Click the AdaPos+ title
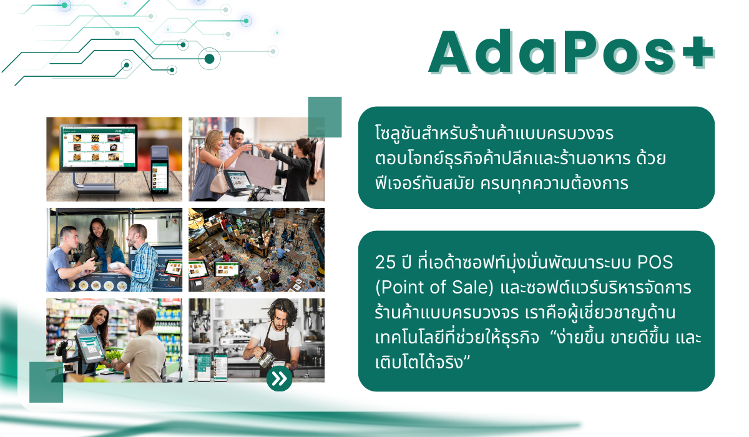[571, 52]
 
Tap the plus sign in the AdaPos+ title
[698, 52]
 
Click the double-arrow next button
[279, 378]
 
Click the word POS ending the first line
[655, 262]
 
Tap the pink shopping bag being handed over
[257, 169]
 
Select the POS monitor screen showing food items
[99, 147]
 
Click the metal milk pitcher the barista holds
[267, 359]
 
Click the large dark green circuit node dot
[209, 59]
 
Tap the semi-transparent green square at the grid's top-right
[325, 117]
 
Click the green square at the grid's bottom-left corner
[46, 382]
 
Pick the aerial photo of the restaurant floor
[257, 250]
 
